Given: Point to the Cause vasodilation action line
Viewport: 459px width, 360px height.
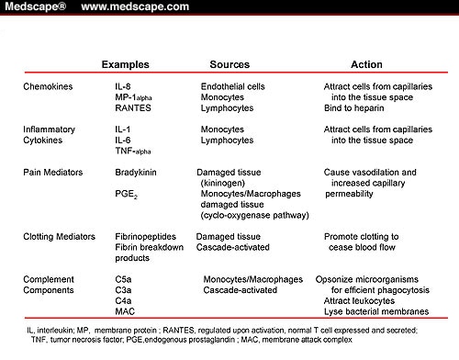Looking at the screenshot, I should (370, 172).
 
